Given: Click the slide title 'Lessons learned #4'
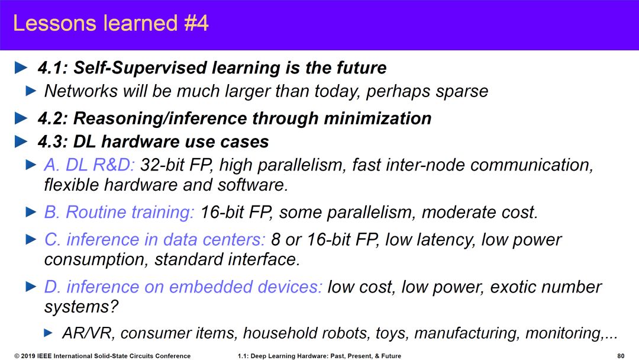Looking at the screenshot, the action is click(111, 23).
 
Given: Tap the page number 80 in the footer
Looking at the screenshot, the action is click(621, 356).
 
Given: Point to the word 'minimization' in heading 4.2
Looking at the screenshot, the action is click(377, 118).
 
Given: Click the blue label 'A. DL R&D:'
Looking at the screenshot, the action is click(89, 165).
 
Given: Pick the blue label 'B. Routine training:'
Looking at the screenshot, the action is click(119, 213).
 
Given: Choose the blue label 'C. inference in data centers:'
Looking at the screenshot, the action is click(155, 239).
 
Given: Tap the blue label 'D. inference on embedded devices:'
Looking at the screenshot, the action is click(183, 287).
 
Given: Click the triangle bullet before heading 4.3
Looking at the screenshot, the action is click(21, 142).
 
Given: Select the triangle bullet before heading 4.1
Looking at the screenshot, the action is click(21, 67).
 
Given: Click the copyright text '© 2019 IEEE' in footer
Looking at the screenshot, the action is click(33, 356).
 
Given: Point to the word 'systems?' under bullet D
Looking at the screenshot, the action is click(81, 307).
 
